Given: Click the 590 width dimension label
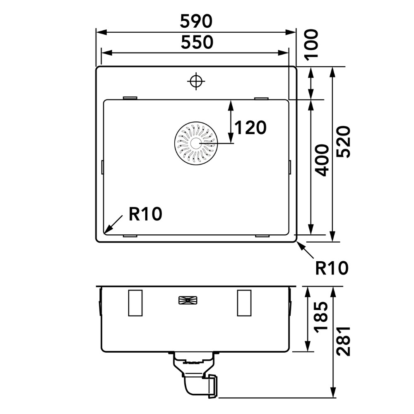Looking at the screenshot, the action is [x=196, y=21].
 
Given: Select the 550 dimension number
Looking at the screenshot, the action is [x=197, y=42].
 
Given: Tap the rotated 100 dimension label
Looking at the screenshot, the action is [x=311, y=45].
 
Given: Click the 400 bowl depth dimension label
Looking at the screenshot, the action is [x=322, y=160].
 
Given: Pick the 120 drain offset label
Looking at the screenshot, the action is [x=250, y=128].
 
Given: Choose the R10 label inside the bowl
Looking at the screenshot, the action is [x=145, y=214].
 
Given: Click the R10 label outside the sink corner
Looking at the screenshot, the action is [x=332, y=268].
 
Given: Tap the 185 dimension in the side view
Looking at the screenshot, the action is [x=321, y=316].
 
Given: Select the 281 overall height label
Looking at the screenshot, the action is [x=343, y=342].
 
